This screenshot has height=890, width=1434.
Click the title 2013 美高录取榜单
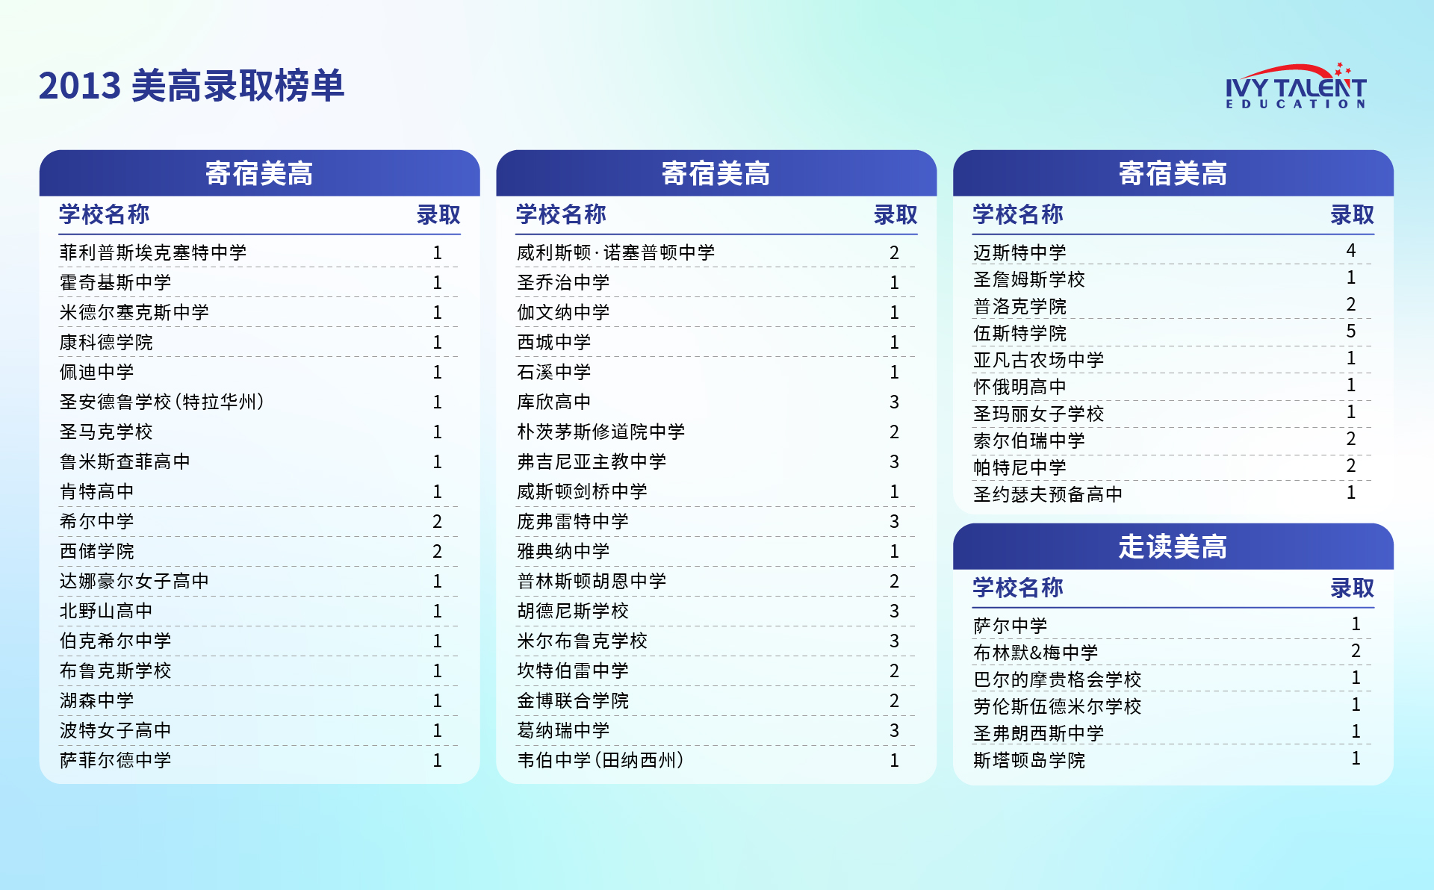191,86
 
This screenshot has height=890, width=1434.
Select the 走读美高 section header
1172,547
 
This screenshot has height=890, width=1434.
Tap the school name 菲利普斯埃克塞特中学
153,253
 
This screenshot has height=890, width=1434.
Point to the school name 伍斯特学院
1019,333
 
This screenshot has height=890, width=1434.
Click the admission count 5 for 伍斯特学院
1350,331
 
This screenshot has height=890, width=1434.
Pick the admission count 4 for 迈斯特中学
1350,250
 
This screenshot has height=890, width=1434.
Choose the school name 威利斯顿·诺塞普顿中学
615,253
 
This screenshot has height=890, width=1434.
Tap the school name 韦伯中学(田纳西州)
600,761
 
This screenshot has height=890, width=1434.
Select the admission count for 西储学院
437,552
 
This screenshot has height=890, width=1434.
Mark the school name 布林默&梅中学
1035,653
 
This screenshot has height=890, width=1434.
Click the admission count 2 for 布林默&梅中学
1356,650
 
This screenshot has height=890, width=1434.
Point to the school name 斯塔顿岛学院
1028,760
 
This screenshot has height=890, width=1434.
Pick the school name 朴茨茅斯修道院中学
600,432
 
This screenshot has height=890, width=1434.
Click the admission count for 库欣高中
894,402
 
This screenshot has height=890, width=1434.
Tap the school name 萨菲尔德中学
116,761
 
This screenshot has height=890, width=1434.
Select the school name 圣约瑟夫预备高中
1047,494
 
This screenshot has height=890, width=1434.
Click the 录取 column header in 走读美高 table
1351,588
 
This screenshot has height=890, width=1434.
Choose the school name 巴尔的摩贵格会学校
1057,679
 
